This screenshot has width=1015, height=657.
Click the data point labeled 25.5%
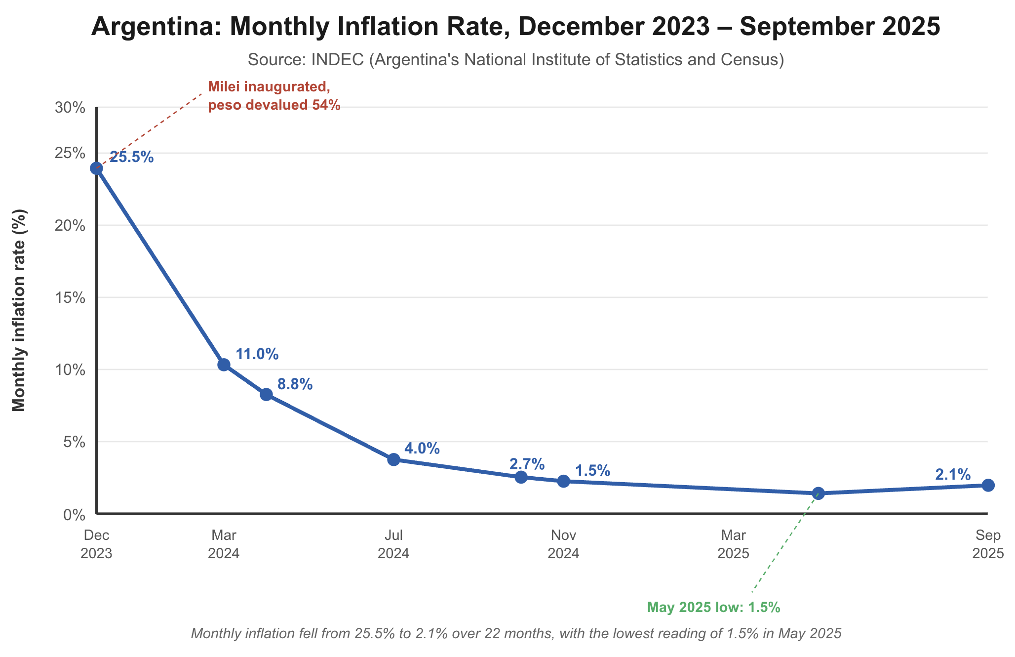point(97,168)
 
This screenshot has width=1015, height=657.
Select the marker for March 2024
point(224,365)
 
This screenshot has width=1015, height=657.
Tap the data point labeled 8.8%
point(266,394)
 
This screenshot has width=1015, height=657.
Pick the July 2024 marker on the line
point(393,459)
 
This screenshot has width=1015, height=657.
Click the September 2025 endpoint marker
point(988,485)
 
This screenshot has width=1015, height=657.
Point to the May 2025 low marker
point(818,493)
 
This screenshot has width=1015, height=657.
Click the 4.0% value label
point(422,449)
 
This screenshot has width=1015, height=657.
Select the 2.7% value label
point(527,464)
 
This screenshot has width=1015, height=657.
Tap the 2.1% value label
point(953,475)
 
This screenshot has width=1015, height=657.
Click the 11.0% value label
point(257,354)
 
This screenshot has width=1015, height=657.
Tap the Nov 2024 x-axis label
point(563,544)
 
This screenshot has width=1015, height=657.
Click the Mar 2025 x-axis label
point(733,544)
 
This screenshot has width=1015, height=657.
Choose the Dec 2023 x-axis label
point(97,544)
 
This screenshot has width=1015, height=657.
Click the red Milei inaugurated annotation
point(274,96)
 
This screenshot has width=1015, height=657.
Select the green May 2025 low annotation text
point(713,608)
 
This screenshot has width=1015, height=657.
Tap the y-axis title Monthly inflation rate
point(19,310)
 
